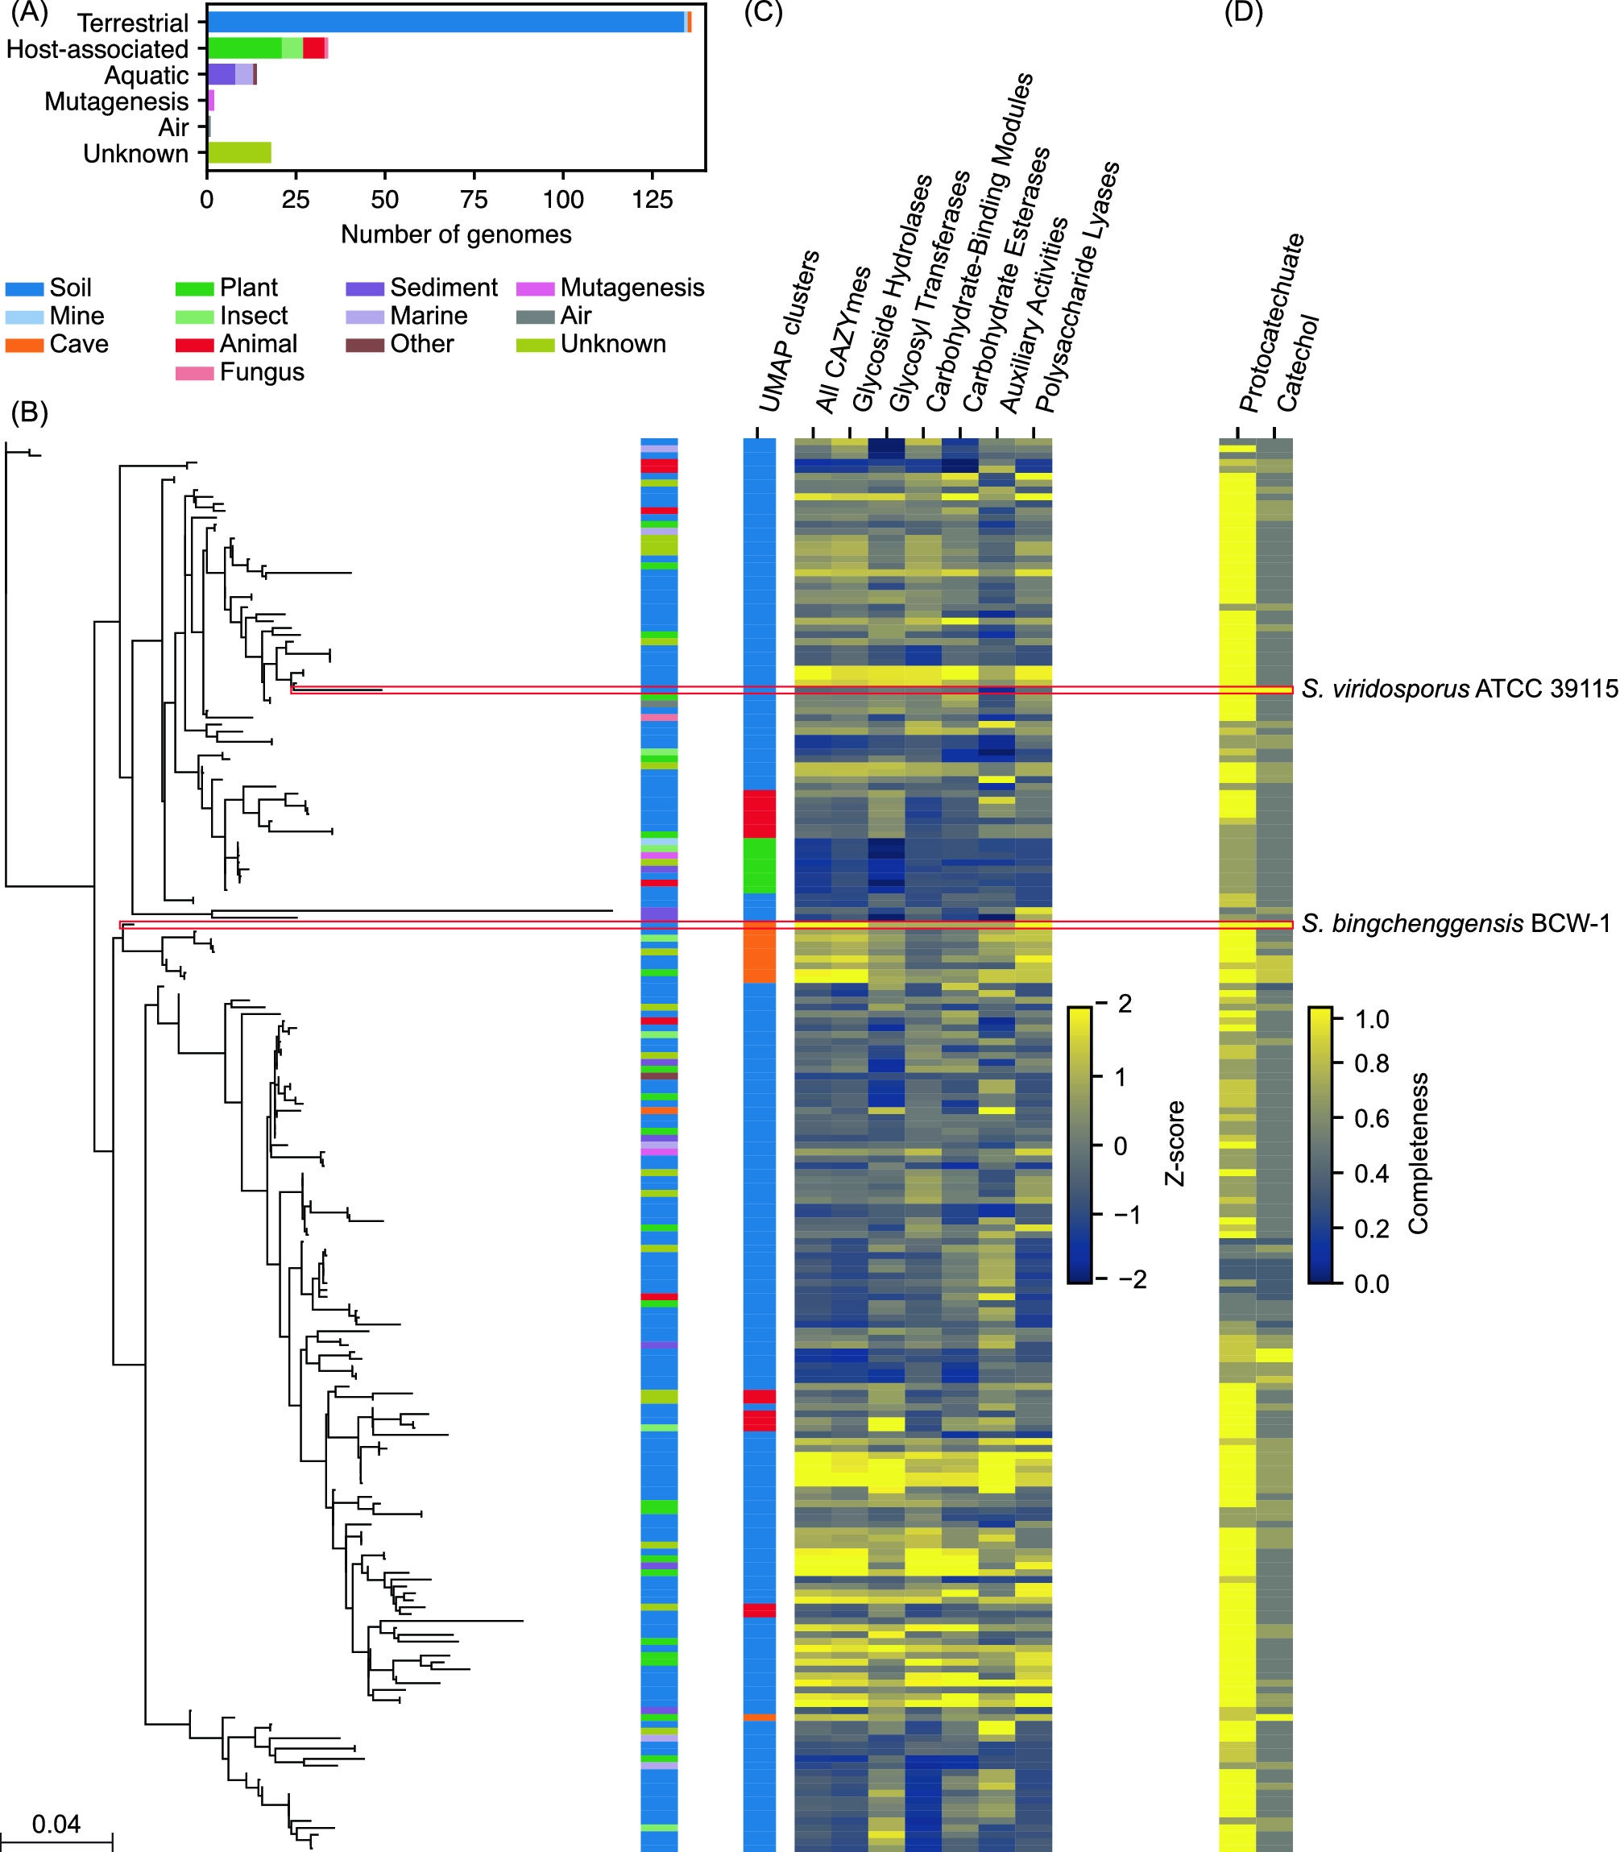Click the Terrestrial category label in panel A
tap(133, 23)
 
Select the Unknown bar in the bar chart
tap(238, 153)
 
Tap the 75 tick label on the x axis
tap(474, 199)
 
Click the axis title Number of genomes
tap(456, 235)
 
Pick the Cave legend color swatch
tap(23, 344)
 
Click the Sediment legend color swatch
tap(364, 288)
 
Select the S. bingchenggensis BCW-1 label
tap(1456, 924)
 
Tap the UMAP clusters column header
tap(789, 332)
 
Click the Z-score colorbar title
tap(1175, 1143)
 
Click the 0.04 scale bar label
tap(56, 1824)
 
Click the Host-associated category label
tap(97, 49)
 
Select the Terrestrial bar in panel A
tap(445, 23)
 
